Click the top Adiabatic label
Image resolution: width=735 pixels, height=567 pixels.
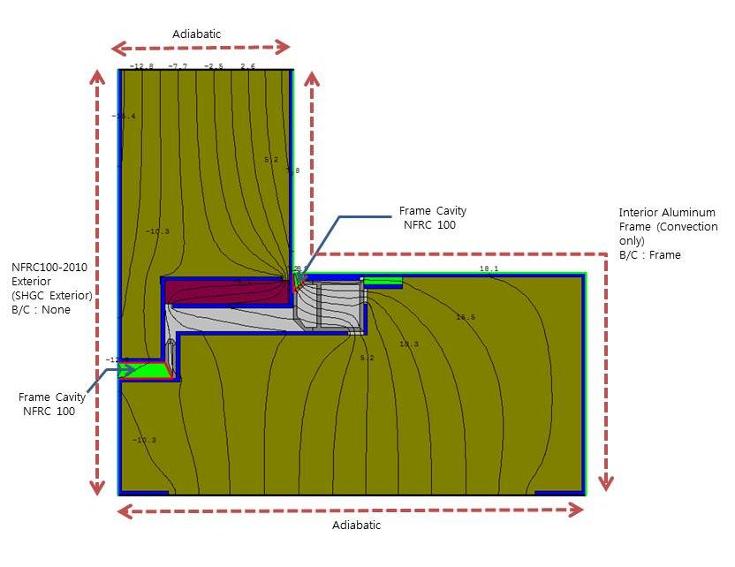(197, 34)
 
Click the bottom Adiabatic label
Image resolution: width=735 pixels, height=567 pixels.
(356, 525)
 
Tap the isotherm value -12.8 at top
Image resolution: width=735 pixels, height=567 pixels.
(141, 66)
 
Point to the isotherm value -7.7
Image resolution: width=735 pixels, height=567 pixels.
(178, 66)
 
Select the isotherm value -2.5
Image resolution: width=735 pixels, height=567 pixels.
(215, 66)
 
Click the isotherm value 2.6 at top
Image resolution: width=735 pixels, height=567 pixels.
(247, 66)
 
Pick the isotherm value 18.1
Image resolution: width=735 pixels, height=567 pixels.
(489, 268)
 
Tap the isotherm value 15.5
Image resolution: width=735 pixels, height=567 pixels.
(466, 317)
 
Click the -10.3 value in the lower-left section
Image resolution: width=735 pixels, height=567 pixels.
(144, 440)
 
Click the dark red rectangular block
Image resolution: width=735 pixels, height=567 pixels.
(227, 291)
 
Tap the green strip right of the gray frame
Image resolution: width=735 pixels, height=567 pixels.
(383, 281)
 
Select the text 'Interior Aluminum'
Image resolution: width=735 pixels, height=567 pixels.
(667, 213)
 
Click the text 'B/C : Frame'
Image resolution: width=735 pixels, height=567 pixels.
(650, 255)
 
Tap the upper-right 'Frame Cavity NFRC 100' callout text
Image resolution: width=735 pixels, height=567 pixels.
(432, 218)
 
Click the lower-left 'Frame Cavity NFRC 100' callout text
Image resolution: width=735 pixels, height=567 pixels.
(52, 404)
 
